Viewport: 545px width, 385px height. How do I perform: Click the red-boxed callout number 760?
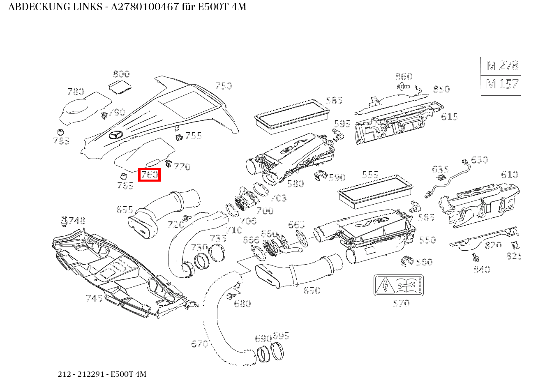tap(149, 175)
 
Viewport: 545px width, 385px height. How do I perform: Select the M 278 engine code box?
tap(501, 66)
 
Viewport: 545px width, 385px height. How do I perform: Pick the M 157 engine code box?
tap(501, 84)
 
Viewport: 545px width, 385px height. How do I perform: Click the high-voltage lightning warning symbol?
tap(386, 285)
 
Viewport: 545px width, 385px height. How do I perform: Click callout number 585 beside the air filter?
tap(334, 100)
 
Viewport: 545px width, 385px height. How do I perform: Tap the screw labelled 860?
tap(402, 86)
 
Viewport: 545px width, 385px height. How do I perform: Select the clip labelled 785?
tap(60, 132)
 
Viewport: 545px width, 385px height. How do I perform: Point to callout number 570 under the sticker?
tap(401, 303)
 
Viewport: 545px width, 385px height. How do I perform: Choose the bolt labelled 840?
tap(475, 257)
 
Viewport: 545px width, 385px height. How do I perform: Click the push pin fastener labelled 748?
tap(64, 221)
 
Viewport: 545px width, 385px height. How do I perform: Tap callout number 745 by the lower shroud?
tap(94, 298)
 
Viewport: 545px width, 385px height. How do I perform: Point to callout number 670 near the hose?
tap(199, 344)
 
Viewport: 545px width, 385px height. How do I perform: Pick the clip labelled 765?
tap(122, 177)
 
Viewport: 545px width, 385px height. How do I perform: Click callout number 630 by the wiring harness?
tap(479, 160)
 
